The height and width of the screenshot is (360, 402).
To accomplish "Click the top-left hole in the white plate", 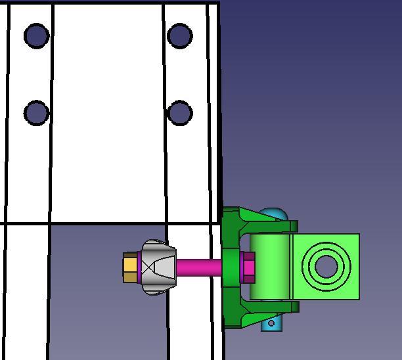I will coord(36,35).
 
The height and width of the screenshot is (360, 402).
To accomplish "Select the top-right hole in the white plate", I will coord(179,35).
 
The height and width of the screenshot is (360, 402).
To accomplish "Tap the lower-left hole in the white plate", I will coord(36,113).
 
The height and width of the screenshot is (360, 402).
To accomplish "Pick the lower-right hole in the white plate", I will coord(179,113).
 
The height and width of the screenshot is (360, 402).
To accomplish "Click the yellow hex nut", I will coord(129,267).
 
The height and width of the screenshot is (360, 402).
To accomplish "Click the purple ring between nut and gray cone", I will coord(139,267).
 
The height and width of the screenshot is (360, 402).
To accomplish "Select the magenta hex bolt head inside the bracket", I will coord(248,267).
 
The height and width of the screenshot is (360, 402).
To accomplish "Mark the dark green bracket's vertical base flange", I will coord(230,267).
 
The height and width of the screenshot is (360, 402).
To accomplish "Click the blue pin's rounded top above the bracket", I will coord(273,214).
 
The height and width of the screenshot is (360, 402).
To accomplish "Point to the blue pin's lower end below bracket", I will coord(271,323).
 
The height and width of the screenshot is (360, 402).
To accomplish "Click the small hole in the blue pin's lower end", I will coord(271,323).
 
